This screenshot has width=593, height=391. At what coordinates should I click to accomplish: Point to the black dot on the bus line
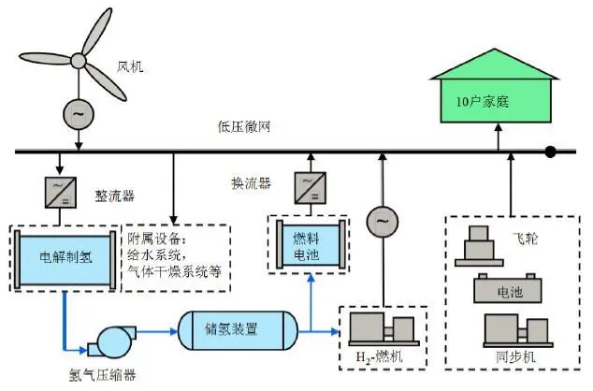[x=552, y=151]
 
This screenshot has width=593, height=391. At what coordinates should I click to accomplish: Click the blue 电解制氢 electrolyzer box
[x=63, y=253]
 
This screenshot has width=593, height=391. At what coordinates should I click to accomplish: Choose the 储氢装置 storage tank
[x=238, y=330]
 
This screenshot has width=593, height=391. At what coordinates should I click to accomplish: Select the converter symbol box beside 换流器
[x=308, y=187]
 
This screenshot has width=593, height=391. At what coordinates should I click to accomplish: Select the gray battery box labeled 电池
[x=509, y=291]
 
